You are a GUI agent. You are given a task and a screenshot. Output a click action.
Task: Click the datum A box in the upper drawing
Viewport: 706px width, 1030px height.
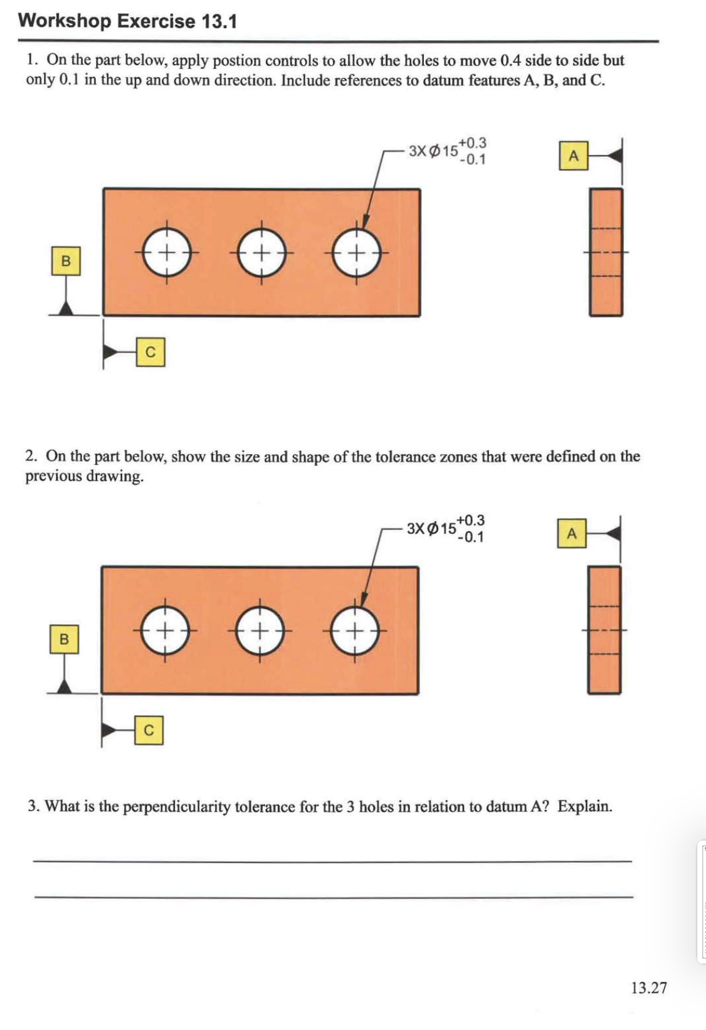573,156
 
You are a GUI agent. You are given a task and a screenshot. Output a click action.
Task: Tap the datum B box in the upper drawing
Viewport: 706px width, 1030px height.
66,261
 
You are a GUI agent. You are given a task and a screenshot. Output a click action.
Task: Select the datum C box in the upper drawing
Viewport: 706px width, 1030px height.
150,352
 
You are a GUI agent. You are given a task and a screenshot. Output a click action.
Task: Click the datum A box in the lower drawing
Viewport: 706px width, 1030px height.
571,534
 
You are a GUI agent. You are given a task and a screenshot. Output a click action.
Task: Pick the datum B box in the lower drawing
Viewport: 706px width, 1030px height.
64,639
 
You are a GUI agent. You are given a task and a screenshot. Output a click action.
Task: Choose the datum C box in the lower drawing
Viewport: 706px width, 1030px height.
149,730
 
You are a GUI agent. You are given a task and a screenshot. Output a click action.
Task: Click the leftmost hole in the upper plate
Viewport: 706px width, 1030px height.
166,253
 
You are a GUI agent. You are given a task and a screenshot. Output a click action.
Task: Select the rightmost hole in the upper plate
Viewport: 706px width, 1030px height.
357,253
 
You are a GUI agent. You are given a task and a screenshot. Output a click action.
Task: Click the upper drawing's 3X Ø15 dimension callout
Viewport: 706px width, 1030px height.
446,151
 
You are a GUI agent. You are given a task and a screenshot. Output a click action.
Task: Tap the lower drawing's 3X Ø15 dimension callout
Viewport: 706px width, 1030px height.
445,529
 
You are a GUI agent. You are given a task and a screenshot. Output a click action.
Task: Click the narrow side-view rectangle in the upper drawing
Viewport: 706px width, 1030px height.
606,252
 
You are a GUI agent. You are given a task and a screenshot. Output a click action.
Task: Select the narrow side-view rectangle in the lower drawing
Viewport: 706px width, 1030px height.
604,630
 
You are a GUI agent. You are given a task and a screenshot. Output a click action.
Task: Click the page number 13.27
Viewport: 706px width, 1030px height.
648,988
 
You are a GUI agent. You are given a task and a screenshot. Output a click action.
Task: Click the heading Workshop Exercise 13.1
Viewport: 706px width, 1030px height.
127,21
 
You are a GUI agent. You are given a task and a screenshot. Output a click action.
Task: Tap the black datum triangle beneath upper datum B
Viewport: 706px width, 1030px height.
65,308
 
